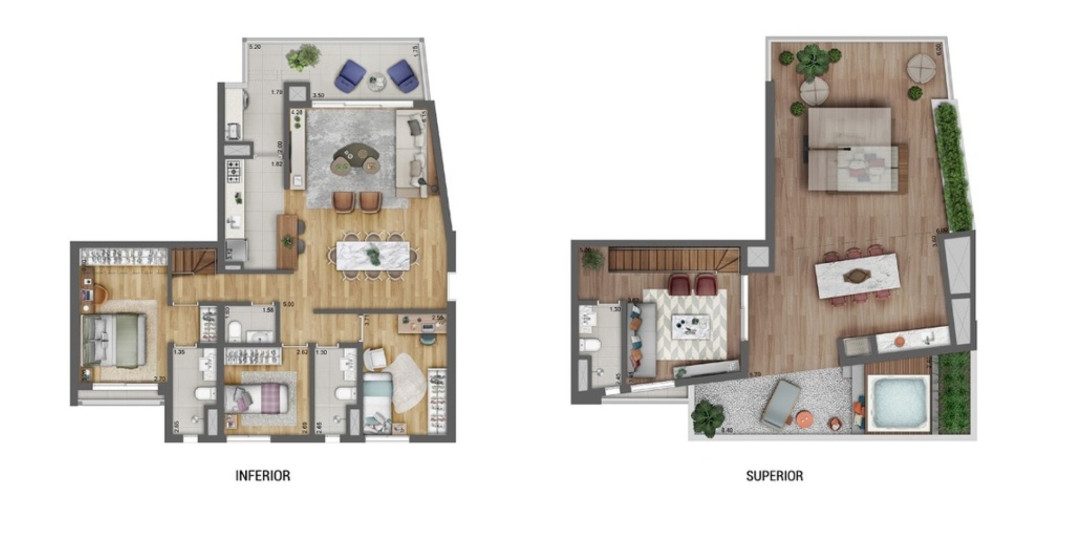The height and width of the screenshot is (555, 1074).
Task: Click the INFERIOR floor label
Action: tap(263, 475)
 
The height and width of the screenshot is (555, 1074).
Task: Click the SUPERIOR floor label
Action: tap(774, 475)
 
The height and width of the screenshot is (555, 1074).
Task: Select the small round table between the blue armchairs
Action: tap(376, 81)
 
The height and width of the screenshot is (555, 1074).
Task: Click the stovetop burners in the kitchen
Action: tap(234, 172)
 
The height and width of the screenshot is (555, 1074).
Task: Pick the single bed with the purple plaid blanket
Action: tap(260, 399)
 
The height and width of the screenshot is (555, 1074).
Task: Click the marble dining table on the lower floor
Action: tap(373, 255)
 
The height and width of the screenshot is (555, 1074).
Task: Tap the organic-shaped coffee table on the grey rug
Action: tap(355, 159)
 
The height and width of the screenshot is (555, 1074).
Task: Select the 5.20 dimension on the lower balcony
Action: tap(255, 47)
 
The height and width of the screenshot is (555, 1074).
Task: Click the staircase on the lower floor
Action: tap(193, 261)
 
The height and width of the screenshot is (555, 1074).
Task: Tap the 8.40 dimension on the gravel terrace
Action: tap(727, 430)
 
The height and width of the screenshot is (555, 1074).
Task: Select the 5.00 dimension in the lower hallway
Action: tap(288, 305)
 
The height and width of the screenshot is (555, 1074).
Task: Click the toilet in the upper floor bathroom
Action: tap(589, 345)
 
